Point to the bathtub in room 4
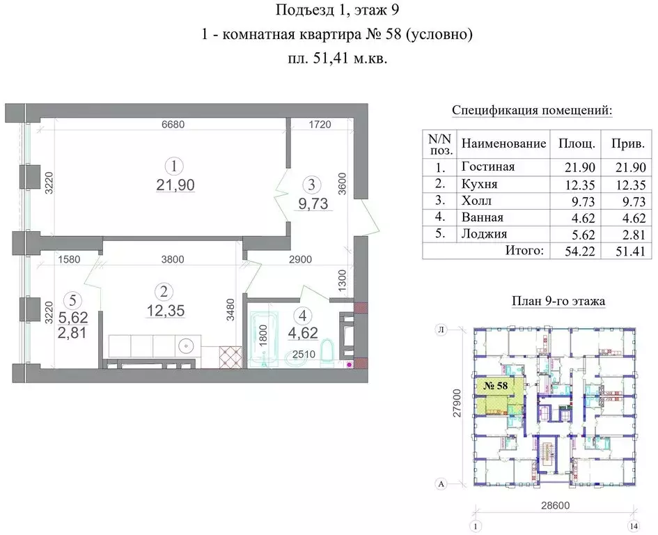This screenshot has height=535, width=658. coord(262,338)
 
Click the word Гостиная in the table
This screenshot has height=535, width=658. coord(487,167)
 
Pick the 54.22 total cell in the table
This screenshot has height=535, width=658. coord(572,250)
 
